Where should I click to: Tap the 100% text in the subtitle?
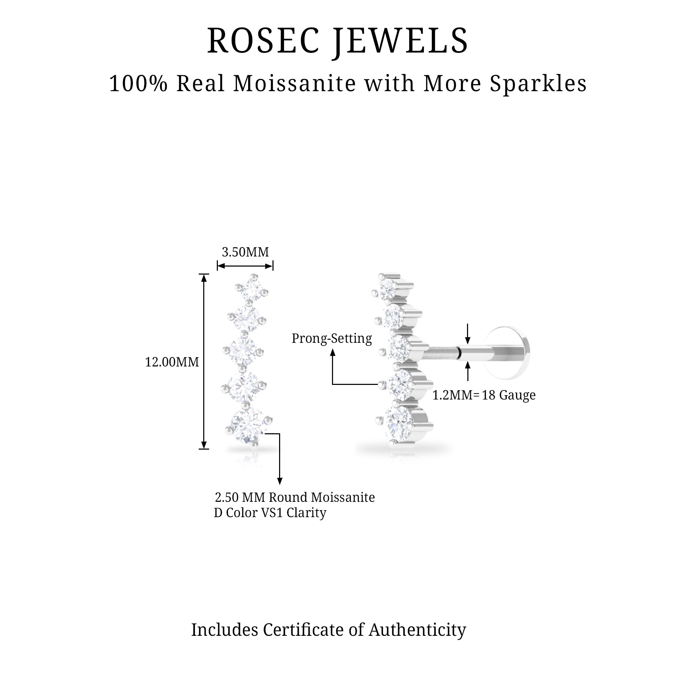coord(139,84)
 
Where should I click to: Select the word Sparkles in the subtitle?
coord(538,84)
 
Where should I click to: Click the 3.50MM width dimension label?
coord(245,252)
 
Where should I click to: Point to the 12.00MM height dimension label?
coord(172,362)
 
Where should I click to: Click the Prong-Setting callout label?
coord(331,339)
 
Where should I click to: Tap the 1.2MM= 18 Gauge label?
coord(484,395)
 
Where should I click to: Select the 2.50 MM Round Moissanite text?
coord(295,498)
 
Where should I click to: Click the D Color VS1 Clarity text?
coord(270,513)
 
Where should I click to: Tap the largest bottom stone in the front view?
coord(248,426)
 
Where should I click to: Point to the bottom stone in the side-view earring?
coord(400,421)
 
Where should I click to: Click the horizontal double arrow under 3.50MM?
coord(245,266)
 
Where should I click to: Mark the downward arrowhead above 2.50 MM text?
coord(279,481)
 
